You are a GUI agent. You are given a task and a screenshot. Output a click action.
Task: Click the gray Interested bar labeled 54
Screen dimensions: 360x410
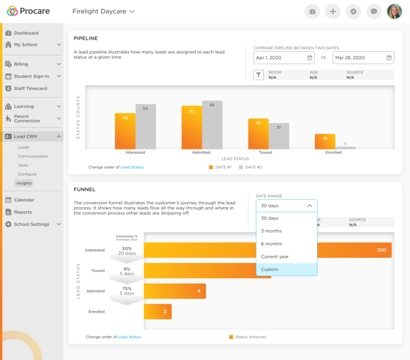point(145,127)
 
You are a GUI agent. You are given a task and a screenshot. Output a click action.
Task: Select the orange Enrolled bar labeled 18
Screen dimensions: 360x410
point(325,142)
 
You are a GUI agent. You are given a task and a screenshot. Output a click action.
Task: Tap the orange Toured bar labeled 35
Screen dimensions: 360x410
point(258,134)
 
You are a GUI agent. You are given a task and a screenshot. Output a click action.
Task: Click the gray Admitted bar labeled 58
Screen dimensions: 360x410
point(212,125)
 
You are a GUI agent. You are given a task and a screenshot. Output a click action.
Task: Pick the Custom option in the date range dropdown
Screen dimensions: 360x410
point(286,269)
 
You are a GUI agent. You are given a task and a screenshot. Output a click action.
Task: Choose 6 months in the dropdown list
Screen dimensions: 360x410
point(286,244)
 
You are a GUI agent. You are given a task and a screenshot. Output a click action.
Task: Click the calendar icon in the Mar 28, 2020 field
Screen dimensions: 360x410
point(389,58)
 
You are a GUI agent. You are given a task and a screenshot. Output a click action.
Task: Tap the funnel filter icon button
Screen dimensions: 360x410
point(259,75)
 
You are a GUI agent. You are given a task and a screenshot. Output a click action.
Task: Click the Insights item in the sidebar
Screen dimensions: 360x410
point(24,183)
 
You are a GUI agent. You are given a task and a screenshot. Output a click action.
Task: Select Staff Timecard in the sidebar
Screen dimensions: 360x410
point(30,88)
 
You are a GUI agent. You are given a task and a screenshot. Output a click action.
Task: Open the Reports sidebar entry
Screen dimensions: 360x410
point(23,212)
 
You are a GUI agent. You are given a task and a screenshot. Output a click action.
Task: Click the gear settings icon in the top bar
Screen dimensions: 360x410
point(353,12)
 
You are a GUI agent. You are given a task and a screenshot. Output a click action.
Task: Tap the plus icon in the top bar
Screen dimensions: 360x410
point(333,12)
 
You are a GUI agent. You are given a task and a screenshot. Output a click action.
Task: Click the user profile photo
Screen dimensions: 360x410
point(394,12)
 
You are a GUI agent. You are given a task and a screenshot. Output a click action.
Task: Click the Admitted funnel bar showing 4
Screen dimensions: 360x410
point(175,291)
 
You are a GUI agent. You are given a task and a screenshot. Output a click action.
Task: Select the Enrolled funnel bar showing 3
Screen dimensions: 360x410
point(157,312)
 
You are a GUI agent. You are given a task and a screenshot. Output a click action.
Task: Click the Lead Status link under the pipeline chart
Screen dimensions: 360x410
point(132,167)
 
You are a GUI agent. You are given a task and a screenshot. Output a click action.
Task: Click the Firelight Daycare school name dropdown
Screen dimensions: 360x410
point(103,12)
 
